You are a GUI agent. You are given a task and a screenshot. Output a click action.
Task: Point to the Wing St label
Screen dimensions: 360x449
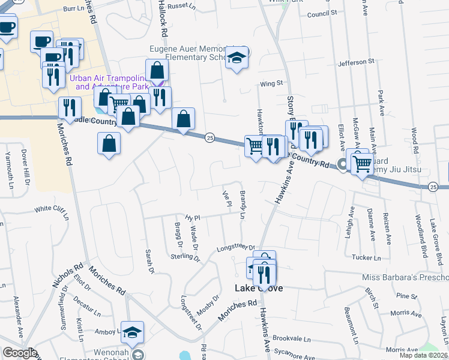[x=270, y=84]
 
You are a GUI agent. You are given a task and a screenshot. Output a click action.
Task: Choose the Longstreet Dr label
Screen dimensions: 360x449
[x=236, y=247]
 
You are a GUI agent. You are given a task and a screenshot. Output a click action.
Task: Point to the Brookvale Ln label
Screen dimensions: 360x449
[x=294, y=339]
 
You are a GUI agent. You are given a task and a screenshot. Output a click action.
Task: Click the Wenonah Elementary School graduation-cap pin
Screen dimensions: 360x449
[x=132, y=331]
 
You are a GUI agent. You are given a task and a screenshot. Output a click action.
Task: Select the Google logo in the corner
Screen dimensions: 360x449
[x=20, y=353]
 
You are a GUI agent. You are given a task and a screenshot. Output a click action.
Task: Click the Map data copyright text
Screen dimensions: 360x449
[x=423, y=355]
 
